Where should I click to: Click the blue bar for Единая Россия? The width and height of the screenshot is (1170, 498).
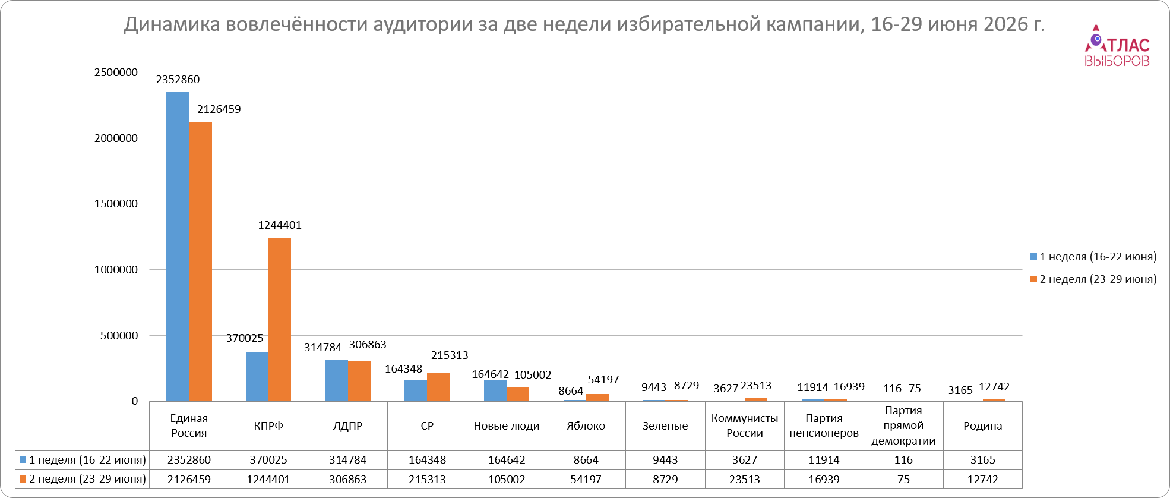[x=178, y=247]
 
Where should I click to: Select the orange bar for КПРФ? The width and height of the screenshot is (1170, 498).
[x=280, y=320]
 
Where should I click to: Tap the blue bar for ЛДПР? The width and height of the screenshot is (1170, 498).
[x=337, y=380]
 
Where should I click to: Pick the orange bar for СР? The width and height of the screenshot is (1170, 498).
[x=439, y=387]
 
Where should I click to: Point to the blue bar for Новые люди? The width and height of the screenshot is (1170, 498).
[x=495, y=390]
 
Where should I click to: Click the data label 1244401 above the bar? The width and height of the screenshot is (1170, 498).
[x=280, y=225]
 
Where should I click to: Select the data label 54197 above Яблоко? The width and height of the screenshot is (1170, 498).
[x=603, y=380]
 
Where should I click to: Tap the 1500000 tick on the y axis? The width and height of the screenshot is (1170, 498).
[x=116, y=204]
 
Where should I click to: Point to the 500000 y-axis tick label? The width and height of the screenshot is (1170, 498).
[x=119, y=335]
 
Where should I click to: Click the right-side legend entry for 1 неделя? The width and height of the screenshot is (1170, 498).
[x=1093, y=257]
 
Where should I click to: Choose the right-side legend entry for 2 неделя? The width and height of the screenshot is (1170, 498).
[x=1093, y=279]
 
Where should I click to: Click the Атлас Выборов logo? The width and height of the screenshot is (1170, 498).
[x=1117, y=46]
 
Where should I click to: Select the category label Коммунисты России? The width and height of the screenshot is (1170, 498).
[x=745, y=425]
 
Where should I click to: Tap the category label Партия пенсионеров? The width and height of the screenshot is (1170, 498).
[x=824, y=425]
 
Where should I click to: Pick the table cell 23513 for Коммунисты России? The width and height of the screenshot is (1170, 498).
[x=745, y=479]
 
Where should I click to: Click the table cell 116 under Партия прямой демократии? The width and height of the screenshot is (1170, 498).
[x=903, y=460]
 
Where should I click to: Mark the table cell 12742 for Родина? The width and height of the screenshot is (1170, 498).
[x=983, y=479]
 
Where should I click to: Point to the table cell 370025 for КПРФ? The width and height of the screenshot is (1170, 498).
[x=268, y=460]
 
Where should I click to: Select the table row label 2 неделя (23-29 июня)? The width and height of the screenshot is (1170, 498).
[x=83, y=479]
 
